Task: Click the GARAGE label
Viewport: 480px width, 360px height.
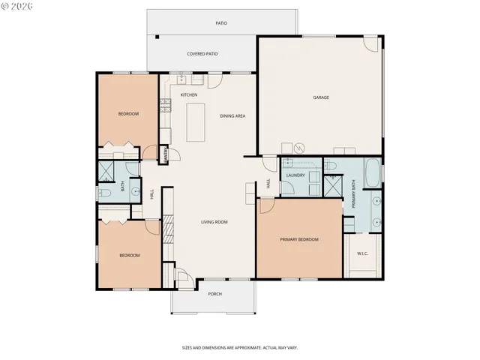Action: [322, 97]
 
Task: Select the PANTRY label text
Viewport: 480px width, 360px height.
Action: [165, 155]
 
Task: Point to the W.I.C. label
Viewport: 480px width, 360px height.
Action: [362, 253]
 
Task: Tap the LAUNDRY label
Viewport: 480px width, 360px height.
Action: [295, 175]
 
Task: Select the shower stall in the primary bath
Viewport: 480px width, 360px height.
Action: [332, 186]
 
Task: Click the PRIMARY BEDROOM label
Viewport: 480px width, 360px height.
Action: [299, 239]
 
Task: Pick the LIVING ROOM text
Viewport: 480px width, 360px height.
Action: [214, 222]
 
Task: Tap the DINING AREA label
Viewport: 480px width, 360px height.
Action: [232, 115]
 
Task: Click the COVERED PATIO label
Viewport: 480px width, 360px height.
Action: [202, 55]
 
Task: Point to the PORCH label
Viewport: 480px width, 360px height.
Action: [214, 294]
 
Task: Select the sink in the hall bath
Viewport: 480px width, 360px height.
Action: [135, 191]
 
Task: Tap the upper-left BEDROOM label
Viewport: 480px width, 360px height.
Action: [128, 114]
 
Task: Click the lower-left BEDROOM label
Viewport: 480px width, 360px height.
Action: [129, 256]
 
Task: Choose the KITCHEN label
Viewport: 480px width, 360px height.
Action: [188, 94]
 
